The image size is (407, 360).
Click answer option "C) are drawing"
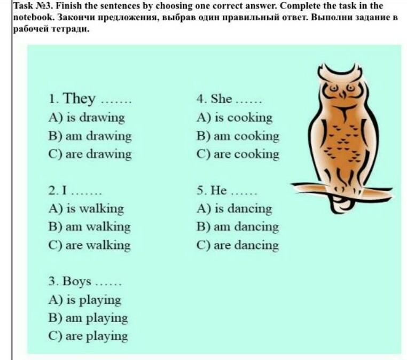coord(90,154)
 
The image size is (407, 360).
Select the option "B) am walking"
coord(89,226)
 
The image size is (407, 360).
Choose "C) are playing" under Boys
coord(88,336)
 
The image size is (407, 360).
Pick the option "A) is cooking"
coord(234,118)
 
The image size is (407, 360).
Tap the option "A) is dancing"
coord(234,209)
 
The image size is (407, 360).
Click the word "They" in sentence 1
coord(79,99)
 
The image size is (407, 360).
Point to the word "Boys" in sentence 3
coord(77,281)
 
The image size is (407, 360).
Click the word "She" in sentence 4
coord(221,99)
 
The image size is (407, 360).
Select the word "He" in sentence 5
coord(218,190)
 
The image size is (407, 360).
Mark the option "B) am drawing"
coord(90,136)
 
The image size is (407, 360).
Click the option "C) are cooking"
coord(238,154)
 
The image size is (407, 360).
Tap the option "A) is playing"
coord(85,300)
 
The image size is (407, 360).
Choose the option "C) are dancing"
coord(238,245)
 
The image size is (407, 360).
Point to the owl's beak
coord(342,94)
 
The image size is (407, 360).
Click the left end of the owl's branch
coord(291,185)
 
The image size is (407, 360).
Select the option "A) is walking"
coord(86,209)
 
